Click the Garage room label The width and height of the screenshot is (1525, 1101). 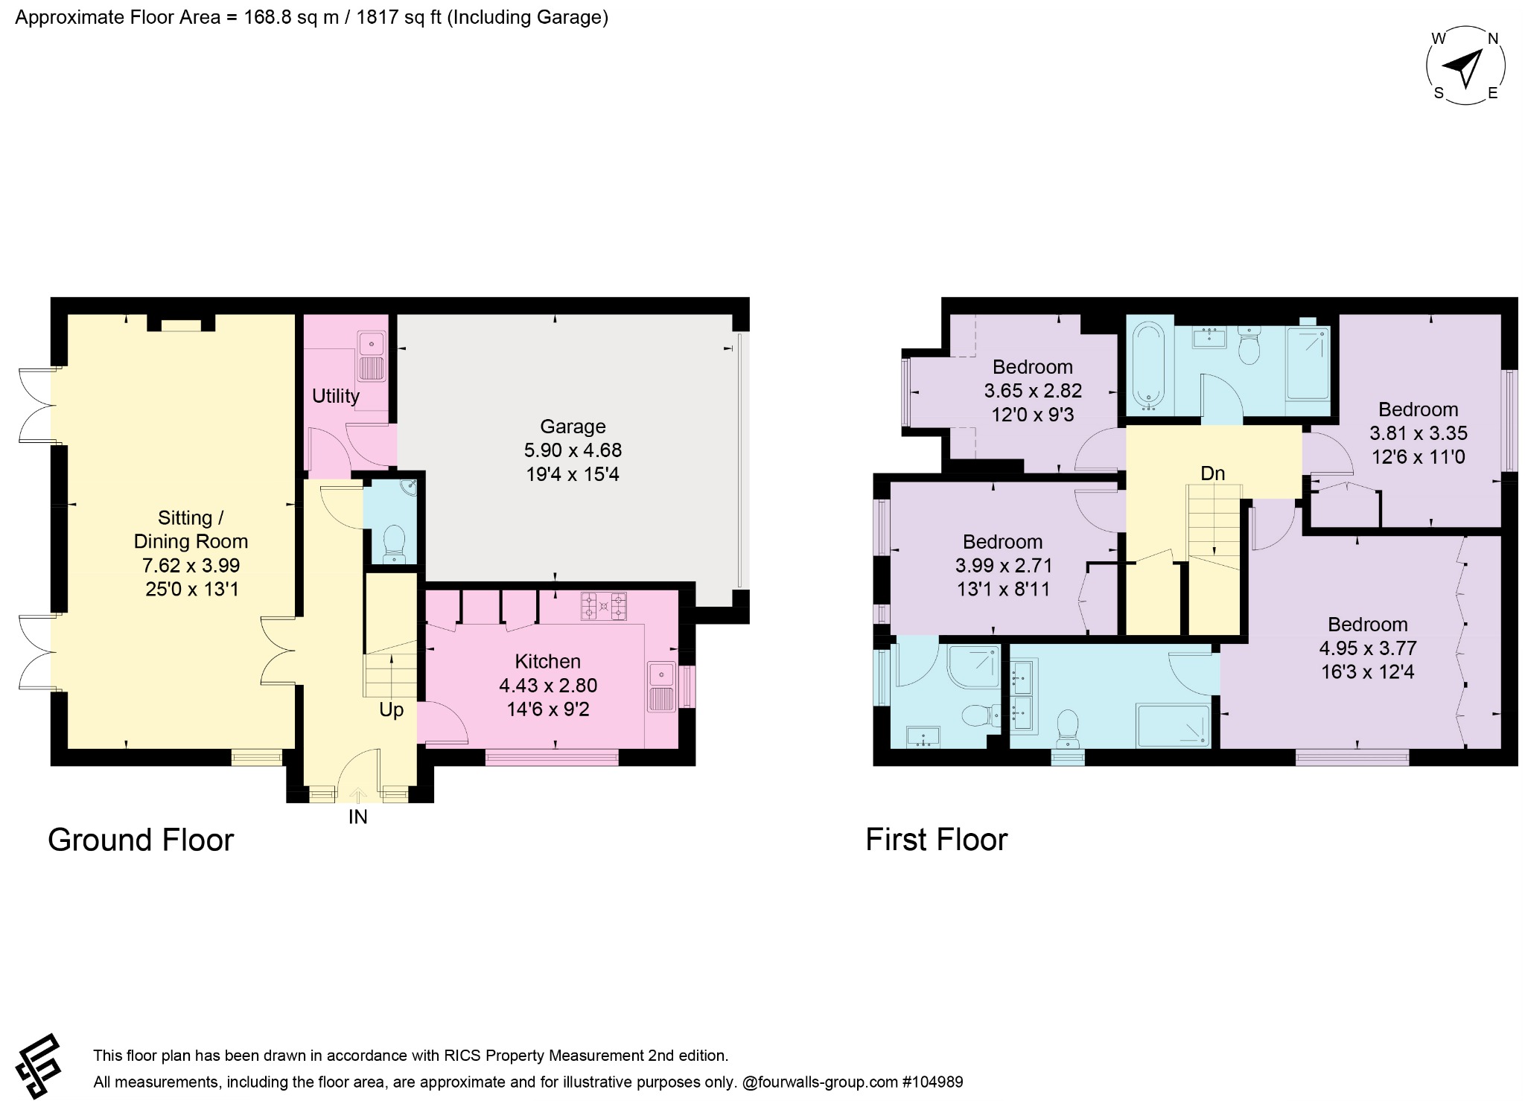(573, 427)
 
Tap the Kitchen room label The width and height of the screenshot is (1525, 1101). (547, 661)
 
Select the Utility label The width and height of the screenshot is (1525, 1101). (335, 396)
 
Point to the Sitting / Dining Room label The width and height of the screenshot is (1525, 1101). (191, 529)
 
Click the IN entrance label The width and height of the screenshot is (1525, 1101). (358, 817)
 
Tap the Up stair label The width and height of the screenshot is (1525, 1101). (391, 709)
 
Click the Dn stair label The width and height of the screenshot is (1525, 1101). (1212, 473)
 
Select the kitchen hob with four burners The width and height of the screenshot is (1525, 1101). (603, 606)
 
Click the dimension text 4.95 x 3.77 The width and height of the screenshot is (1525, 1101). (1368, 648)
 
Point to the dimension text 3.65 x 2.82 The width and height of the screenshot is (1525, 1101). (1033, 390)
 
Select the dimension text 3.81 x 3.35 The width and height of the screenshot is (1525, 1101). (1419, 433)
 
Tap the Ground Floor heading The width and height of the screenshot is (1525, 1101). (141, 840)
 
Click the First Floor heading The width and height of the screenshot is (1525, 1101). (936, 840)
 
